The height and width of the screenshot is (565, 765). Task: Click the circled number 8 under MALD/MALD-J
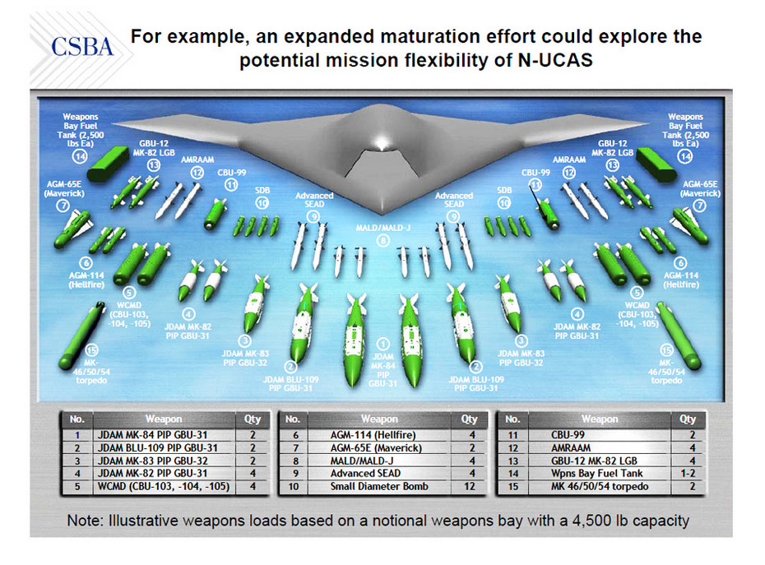coord(382,240)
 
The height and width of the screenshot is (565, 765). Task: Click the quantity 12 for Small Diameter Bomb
coord(471,486)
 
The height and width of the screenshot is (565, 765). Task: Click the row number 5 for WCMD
coord(76,486)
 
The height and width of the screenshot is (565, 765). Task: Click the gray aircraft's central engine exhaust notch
coord(382,164)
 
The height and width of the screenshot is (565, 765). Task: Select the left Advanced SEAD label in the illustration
coord(315,200)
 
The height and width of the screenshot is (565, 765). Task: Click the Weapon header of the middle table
coord(379,419)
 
